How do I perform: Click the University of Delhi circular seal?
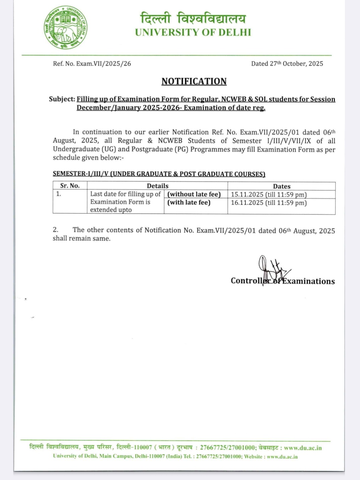(x=65, y=28)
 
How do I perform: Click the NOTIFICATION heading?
(x=194, y=81)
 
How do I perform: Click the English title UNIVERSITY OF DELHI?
(x=193, y=32)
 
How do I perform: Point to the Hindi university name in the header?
(x=193, y=18)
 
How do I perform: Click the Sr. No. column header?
(x=70, y=186)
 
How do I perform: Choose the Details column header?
(x=157, y=186)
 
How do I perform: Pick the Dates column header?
(x=282, y=186)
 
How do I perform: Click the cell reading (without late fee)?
(x=194, y=194)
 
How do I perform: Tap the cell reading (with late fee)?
(x=189, y=202)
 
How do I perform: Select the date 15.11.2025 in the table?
(x=247, y=195)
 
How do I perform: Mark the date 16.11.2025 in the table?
(x=247, y=203)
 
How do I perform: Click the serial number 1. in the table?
(x=59, y=194)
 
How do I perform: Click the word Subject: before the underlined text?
(x=62, y=99)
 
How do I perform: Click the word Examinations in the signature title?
(x=309, y=281)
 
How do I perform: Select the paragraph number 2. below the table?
(x=56, y=230)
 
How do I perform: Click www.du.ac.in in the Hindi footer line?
(x=303, y=448)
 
